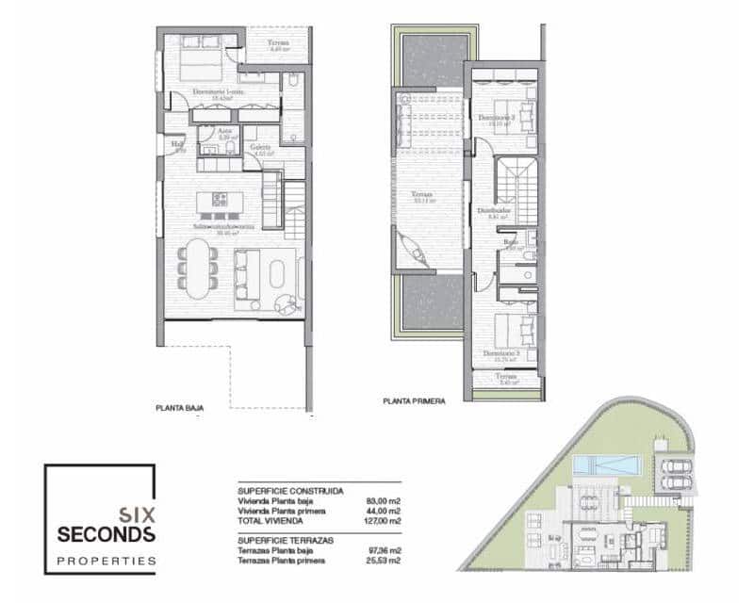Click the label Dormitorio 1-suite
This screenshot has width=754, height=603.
pyautogui.click(x=219, y=92)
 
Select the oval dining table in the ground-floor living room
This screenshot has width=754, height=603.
pyautogui.click(x=198, y=268)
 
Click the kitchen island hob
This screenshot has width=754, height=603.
pyautogui.click(x=220, y=199)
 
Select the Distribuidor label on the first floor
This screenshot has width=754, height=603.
pyautogui.click(x=495, y=211)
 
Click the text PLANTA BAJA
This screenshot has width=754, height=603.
pyautogui.click(x=180, y=408)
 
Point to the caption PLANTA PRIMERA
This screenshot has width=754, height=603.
pyautogui.click(x=414, y=400)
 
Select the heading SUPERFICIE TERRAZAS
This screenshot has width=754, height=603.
pyautogui.click(x=290, y=537)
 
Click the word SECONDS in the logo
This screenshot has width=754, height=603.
pyautogui.click(x=106, y=534)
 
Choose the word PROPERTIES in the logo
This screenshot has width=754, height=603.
pyautogui.click(x=106, y=561)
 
